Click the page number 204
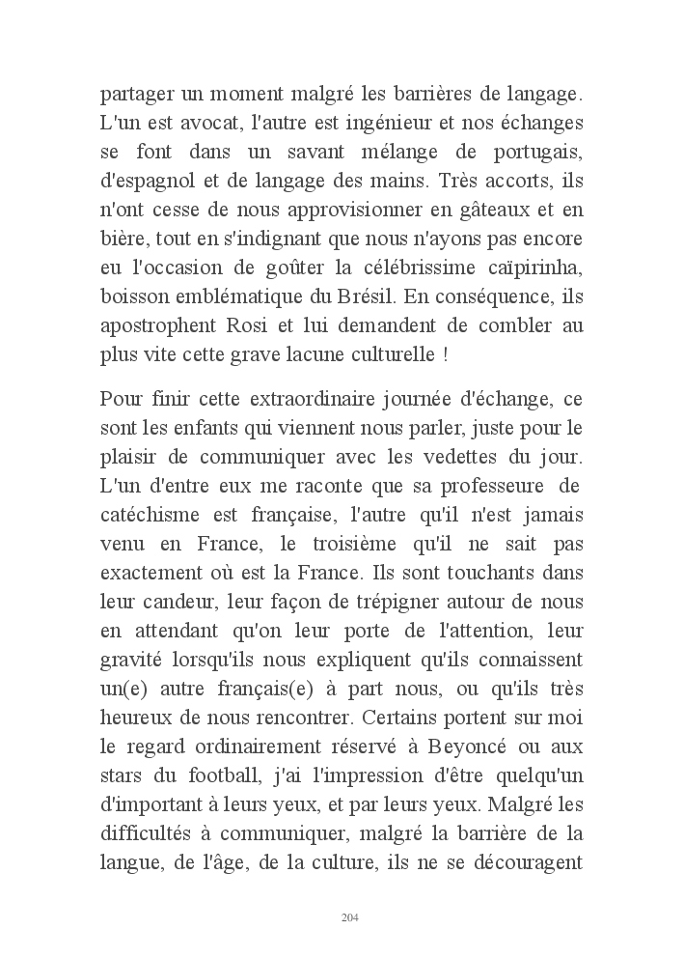pyautogui.click(x=350, y=916)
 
